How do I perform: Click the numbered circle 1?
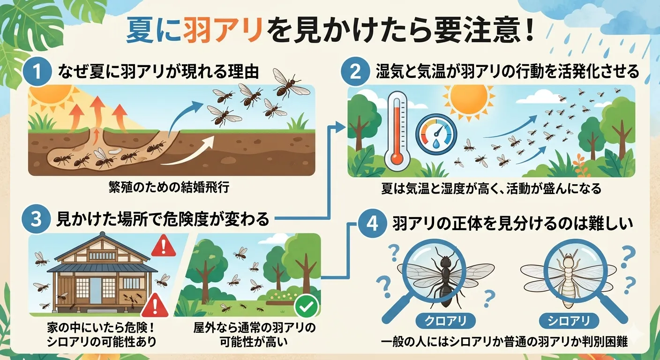[37, 72]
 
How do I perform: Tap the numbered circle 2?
[355, 72]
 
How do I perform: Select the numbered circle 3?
[36, 220]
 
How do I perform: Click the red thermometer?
[397, 131]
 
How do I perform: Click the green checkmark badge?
[307, 307]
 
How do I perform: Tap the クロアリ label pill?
[445, 321]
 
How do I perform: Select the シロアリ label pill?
[569, 321]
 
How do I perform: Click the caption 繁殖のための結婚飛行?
[169, 187]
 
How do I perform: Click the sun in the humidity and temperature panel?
[468, 102]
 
